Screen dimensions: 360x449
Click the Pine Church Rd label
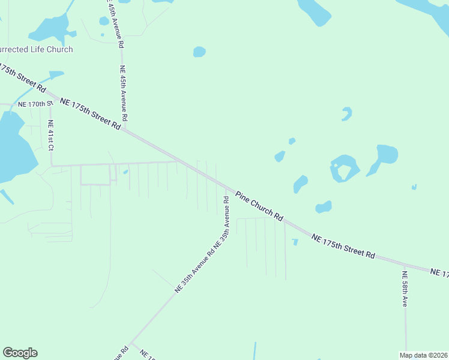coord(259,205)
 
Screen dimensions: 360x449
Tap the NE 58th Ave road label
coord(405,289)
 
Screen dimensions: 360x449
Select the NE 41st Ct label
coord(51,135)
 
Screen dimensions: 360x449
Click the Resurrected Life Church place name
coord(36,49)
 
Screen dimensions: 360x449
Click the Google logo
coord(20,353)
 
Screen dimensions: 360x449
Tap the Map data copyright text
coord(423,355)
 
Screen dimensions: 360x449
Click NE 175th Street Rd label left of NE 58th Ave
coord(343,246)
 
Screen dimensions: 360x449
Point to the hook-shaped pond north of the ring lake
coord(346,113)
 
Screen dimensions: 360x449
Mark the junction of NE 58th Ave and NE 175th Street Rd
coord(404,264)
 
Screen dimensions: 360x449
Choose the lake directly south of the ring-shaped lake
coord(324,207)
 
